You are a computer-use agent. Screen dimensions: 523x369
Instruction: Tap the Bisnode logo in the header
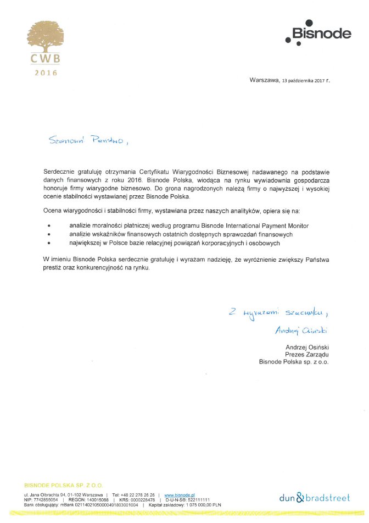[318, 34]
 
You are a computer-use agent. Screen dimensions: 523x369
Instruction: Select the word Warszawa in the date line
[264, 80]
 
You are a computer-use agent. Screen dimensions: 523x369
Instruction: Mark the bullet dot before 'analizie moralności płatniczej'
[49, 226]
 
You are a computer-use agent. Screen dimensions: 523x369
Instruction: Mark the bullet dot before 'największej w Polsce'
[49, 243]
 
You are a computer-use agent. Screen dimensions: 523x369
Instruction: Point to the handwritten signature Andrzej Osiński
[304, 330]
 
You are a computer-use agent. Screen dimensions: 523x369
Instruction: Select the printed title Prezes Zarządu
[307, 355]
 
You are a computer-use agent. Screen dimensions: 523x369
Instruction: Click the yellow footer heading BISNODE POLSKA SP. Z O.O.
[63, 485]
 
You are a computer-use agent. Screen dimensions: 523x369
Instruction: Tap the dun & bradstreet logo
[314, 498]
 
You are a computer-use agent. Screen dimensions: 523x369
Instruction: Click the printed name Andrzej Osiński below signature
[307, 348]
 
